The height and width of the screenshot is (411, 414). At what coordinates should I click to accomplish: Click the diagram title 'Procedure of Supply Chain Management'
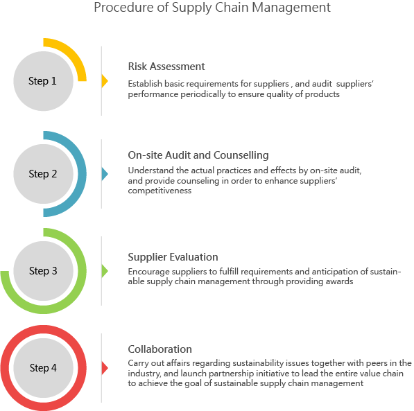pyautogui.click(x=212, y=8)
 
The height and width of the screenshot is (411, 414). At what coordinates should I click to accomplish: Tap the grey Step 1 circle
pyautogui.click(x=43, y=81)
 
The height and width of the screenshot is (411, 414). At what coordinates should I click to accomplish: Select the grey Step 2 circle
pyautogui.click(x=43, y=174)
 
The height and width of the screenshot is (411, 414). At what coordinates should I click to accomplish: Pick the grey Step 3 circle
pyautogui.click(x=43, y=271)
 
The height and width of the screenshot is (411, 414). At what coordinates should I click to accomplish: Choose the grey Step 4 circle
pyautogui.click(x=43, y=368)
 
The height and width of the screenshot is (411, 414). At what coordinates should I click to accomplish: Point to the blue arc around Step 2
pyautogui.click(x=82, y=174)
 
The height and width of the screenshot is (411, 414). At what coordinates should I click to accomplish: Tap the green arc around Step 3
pyautogui.click(x=82, y=271)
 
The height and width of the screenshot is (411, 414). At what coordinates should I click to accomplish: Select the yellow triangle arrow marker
pyautogui.click(x=105, y=81)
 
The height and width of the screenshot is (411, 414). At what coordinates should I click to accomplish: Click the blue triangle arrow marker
pyautogui.click(x=105, y=174)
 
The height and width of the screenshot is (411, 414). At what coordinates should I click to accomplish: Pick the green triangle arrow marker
pyautogui.click(x=105, y=271)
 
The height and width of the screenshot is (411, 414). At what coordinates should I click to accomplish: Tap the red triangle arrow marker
pyautogui.click(x=105, y=368)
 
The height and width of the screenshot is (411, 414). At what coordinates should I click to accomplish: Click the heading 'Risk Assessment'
pyautogui.click(x=166, y=67)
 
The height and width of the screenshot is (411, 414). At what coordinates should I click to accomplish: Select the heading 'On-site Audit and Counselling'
pyautogui.click(x=198, y=155)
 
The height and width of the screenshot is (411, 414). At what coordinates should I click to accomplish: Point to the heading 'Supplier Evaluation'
pyautogui.click(x=173, y=257)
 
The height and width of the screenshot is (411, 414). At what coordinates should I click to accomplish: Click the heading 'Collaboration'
pyautogui.click(x=159, y=349)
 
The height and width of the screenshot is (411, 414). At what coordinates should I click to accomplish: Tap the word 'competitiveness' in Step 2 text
pyautogui.click(x=159, y=191)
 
